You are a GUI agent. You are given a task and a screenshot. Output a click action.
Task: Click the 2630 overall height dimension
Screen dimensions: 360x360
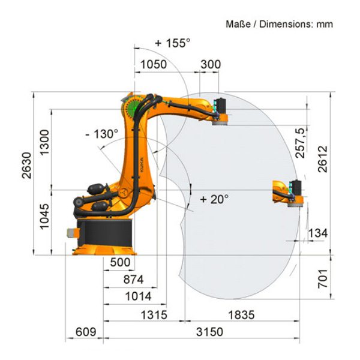(26, 166)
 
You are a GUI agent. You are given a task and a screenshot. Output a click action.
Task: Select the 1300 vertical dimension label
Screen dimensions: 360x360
(44, 142)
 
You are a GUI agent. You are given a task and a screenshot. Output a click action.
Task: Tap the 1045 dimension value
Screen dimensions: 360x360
(44, 217)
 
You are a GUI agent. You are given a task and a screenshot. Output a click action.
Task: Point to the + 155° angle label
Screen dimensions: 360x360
(173, 43)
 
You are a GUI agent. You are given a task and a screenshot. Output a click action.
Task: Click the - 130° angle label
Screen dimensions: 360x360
(102, 134)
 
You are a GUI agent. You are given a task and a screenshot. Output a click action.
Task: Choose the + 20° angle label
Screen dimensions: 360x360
(214, 199)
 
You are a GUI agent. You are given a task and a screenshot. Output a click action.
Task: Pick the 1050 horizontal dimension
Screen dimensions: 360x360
(154, 64)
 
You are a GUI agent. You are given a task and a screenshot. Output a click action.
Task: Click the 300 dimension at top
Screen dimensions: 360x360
(211, 64)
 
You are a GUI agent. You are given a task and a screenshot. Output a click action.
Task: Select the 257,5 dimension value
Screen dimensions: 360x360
(300, 143)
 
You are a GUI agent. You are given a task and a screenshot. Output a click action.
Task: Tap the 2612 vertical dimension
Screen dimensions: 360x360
(323, 159)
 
